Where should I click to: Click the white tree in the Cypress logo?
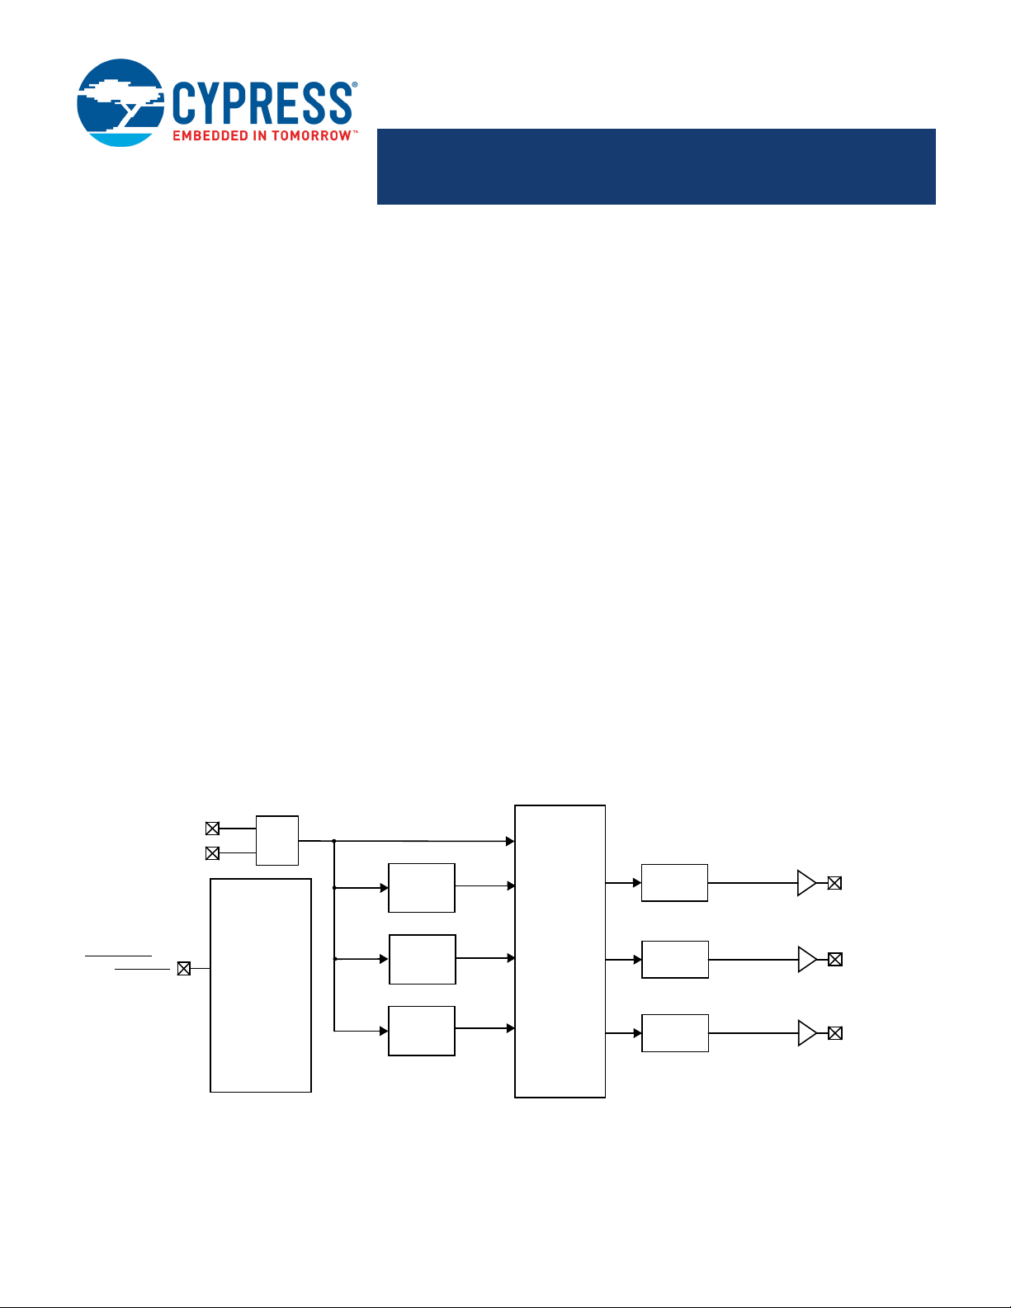pos(120,99)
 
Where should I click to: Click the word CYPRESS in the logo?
pos(262,103)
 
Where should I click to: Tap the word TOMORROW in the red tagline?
pos(311,136)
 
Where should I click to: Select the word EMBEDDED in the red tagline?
pos(210,136)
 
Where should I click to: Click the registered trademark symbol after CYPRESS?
pos(354,86)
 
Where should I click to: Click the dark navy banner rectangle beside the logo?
pos(656,167)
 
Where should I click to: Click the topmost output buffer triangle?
pos(806,883)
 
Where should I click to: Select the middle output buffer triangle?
pos(807,960)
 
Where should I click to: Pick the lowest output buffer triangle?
pos(807,1033)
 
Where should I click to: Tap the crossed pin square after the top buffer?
pos(834,883)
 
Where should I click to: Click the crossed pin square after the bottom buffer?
pos(835,1033)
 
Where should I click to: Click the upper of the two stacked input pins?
pos(212,829)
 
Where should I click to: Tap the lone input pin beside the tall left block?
pos(184,969)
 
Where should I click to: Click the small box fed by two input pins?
pos(277,840)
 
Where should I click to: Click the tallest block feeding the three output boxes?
pos(560,951)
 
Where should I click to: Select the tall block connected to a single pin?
pos(261,985)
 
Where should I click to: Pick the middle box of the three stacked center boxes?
pos(423,960)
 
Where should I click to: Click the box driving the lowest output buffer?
pos(675,1033)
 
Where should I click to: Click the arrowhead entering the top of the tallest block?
pos(510,841)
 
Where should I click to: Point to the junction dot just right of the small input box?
pos(334,841)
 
